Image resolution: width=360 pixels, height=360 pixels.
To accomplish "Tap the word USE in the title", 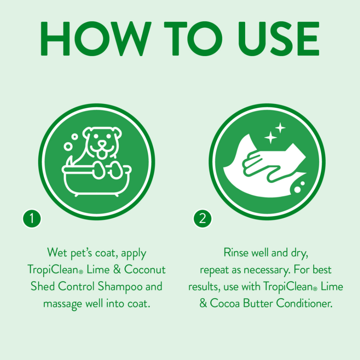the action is (278, 39).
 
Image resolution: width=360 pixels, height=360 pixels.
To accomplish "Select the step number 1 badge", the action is (32, 218).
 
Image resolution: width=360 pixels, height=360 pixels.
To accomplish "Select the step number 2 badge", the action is (202, 218).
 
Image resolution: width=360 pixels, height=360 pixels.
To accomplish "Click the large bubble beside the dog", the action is (68, 147).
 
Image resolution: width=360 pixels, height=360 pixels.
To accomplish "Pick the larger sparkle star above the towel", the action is (270, 137).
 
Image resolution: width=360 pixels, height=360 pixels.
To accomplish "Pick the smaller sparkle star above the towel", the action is (280, 128).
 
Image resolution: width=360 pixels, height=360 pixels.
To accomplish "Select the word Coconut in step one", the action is (145, 269).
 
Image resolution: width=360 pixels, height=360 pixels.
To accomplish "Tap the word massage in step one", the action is (63, 304).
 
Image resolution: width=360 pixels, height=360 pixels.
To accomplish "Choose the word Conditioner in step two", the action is (304, 303).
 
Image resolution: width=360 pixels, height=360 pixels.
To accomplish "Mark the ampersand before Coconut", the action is (117, 269).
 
